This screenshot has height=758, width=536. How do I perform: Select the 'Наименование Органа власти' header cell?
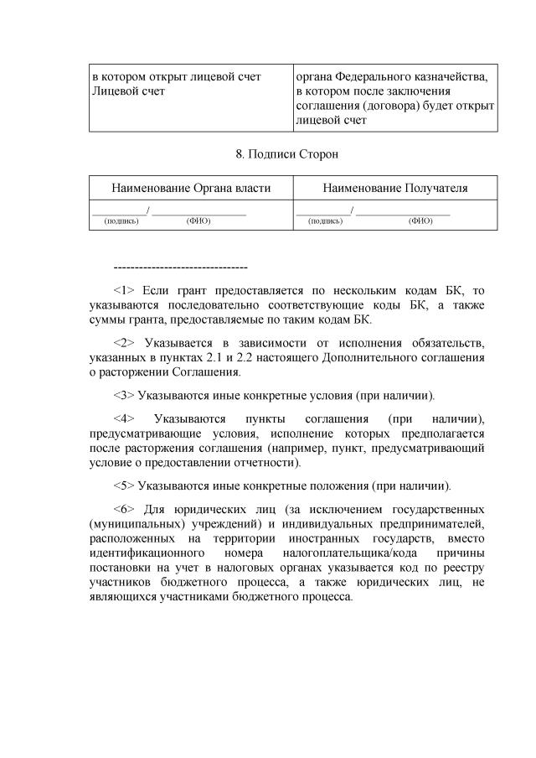point(191,188)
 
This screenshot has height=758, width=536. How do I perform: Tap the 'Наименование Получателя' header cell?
point(395,188)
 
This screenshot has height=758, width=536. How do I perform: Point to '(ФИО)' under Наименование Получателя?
point(420,221)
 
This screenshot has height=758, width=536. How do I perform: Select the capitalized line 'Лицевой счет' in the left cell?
point(128,91)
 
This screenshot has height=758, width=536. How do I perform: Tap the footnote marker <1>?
point(124,291)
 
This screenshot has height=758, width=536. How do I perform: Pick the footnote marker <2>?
point(124,343)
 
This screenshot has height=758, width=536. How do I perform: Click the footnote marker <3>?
point(124,395)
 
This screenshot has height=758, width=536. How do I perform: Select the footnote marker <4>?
point(124,418)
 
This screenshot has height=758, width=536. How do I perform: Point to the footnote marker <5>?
point(124,485)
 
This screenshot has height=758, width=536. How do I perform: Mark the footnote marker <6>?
point(124,509)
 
